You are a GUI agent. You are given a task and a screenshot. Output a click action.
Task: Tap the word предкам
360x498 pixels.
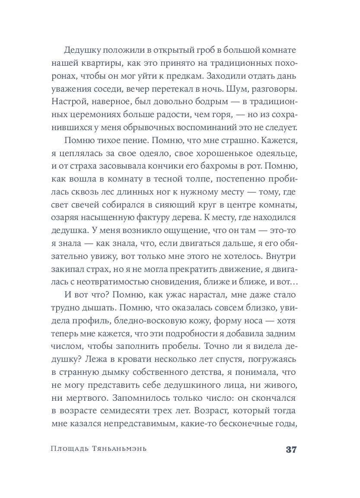pos(183,76)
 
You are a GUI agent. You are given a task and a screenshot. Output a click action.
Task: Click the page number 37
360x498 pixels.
pos(290,449)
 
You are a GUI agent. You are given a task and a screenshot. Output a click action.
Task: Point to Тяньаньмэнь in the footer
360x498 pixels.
pos(116,449)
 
